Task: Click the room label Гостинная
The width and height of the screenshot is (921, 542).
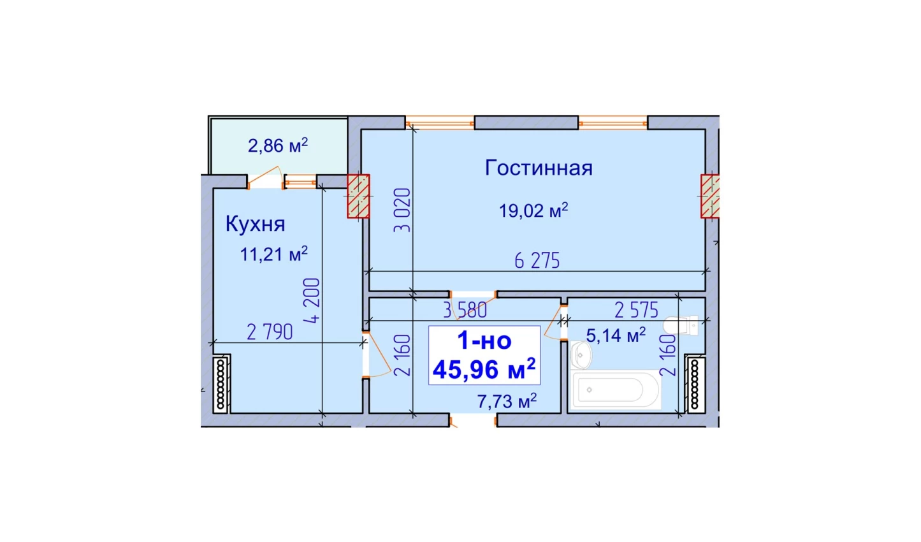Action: point(539,168)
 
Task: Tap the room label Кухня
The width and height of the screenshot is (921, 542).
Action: point(256,224)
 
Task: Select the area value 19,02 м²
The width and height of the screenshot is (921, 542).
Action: point(533,210)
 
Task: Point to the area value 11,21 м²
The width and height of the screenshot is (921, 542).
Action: point(273,254)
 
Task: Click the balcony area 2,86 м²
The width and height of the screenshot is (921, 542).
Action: point(278,145)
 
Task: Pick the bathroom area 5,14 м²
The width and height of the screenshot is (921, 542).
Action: point(616,335)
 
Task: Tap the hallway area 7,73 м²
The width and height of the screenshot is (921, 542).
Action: point(507,401)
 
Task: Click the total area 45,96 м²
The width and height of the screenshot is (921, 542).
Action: point(484,369)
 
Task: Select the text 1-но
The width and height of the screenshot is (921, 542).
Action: point(484,341)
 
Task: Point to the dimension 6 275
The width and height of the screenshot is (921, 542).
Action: point(537,261)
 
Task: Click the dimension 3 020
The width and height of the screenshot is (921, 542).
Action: point(402,210)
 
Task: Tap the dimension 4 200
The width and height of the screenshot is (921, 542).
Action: point(312,300)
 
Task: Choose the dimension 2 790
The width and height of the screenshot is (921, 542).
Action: point(270,332)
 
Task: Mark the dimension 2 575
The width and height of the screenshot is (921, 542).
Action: point(637,310)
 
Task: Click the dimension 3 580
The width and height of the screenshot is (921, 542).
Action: point(465,310)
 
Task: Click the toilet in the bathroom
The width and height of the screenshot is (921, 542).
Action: point(681,326)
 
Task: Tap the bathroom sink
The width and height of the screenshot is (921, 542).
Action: point(581,355)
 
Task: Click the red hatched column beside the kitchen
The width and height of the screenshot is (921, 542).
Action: point(358,196)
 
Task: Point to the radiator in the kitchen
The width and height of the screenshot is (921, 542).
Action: point(221,384)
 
